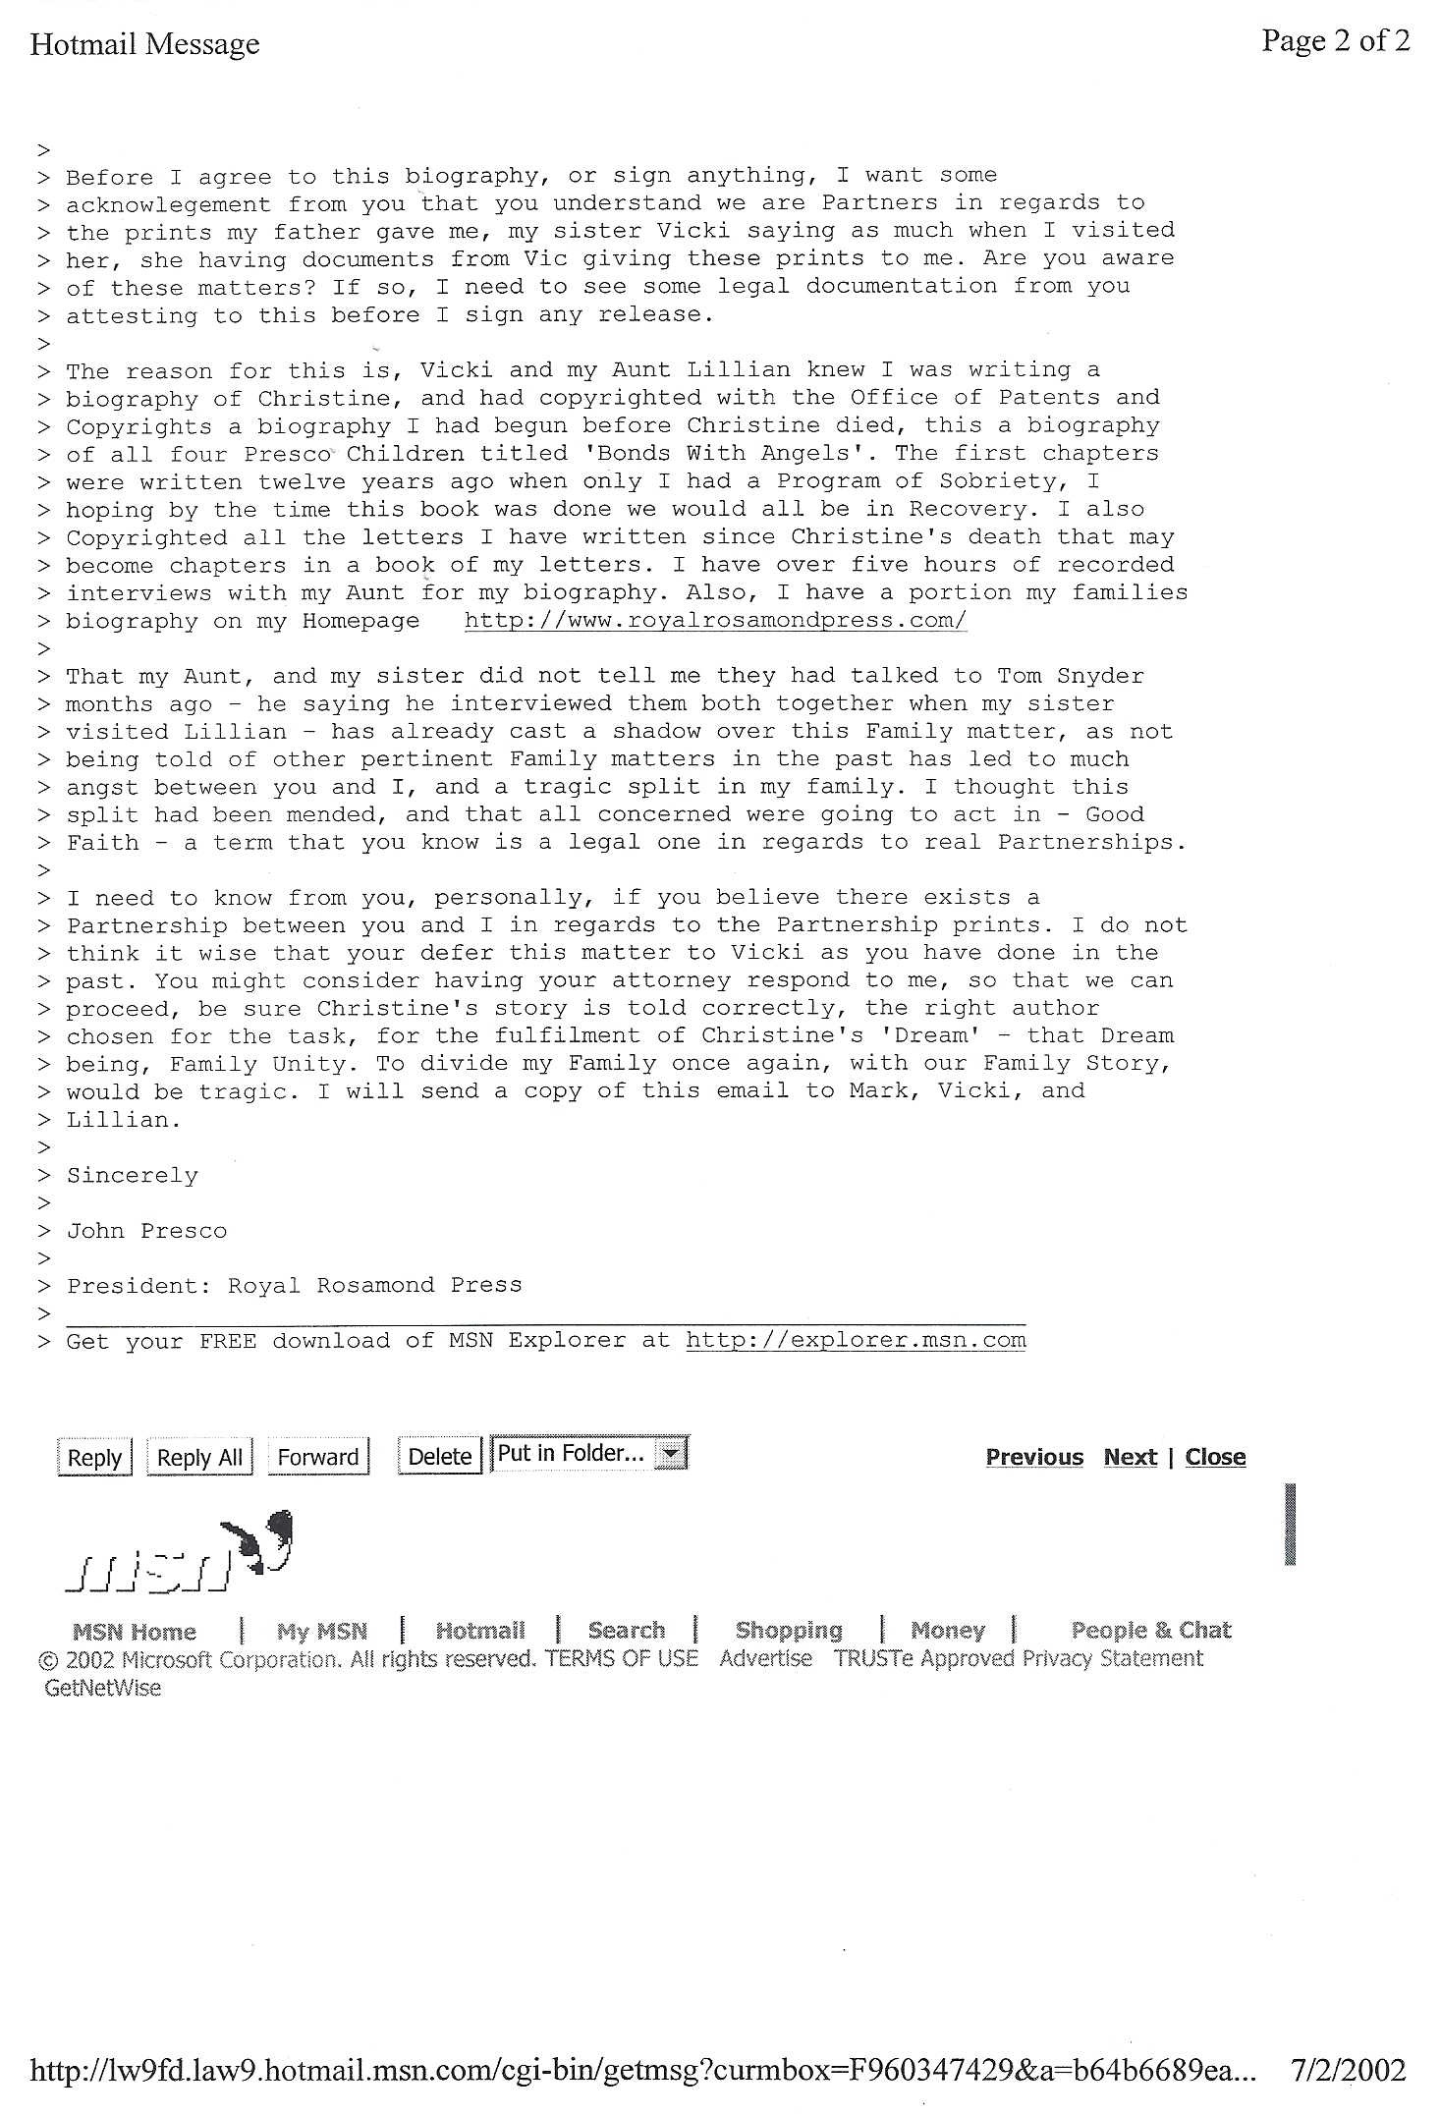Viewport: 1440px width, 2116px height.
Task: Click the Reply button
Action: point(94,1457)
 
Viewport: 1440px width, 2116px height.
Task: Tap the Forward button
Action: point(318,1457)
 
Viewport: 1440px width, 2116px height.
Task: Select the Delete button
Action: point(439,1457)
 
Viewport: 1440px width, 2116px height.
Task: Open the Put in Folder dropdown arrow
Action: point(671,1453)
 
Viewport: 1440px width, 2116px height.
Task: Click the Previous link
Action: point(1034,1457)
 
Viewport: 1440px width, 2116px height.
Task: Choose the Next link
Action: point(1130,1457)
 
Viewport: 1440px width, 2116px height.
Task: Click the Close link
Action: point(1215,1457)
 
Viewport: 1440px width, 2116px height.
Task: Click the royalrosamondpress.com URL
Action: point(715,621)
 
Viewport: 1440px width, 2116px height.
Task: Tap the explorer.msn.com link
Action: point(855,1340)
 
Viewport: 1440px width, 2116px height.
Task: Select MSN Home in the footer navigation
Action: point(135,1632)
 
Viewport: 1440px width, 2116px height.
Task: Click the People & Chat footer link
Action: point(1150,1631)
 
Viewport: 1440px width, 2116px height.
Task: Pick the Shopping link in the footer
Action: point(789,1631)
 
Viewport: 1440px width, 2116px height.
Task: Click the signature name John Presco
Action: point(146,1231)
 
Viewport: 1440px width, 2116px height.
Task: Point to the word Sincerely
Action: point(132,1176)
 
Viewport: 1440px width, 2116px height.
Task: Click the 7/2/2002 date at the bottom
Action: point(1348,2071)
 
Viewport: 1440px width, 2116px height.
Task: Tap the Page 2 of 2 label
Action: point(1335,40)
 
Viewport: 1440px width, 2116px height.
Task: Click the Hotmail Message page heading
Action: point(145,44)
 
